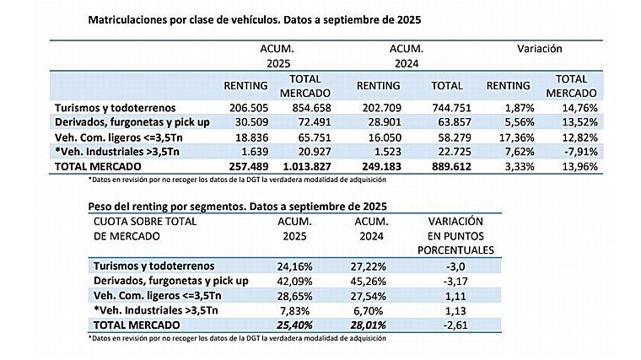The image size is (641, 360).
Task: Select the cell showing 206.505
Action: [x=248, y=109]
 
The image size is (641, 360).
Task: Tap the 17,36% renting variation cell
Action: [x=510, y=137]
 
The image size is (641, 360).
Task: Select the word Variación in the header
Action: [x=539, y=50]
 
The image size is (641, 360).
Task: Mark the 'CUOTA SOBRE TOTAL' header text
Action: [x=142, y=222]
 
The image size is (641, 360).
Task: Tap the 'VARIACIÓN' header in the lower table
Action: [x=451, y=222]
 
